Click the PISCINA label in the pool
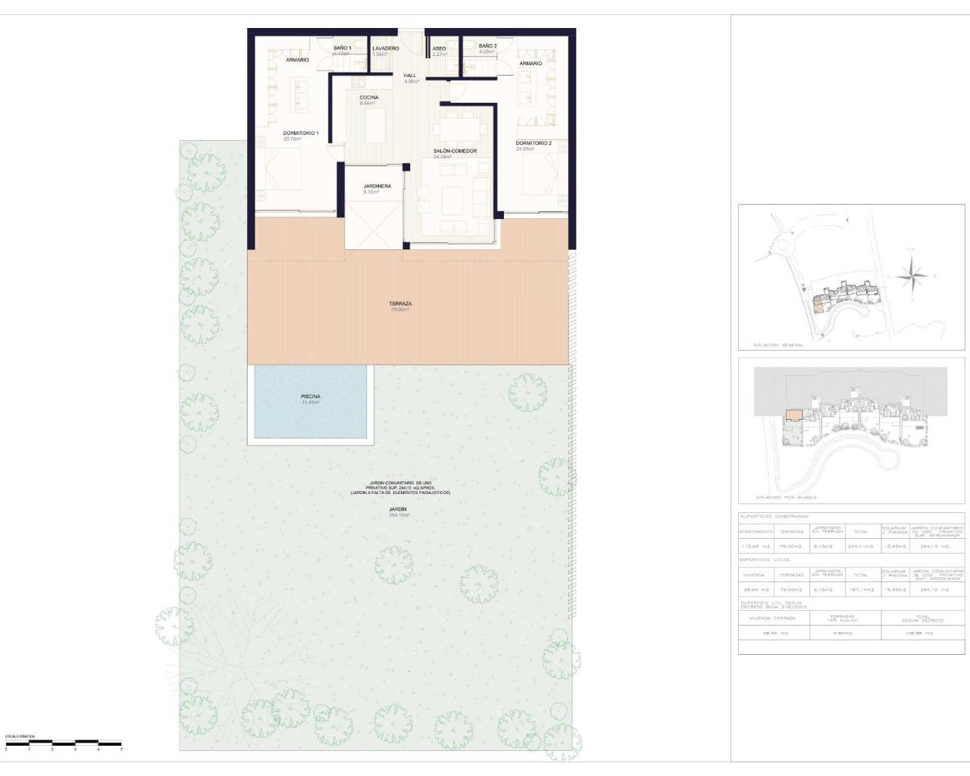tap(310, 396)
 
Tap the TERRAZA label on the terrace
tap(400, 304)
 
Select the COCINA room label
tap(369, 98)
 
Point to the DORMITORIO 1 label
tap(300, 133)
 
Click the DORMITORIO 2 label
tap(533, 143)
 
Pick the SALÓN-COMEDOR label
tap(455, 152)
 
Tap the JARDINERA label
tap(377, 186)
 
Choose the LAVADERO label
tap(385, 48)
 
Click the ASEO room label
tap(439, 48)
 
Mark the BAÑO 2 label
tap(487, 46)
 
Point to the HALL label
tap(409, 76)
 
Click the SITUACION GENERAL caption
tap(778, 345)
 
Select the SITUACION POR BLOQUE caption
tap(786, 498)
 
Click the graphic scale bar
tap(63, 741)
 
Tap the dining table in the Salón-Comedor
tap(457, 125)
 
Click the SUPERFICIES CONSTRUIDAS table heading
tap(774, 516)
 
